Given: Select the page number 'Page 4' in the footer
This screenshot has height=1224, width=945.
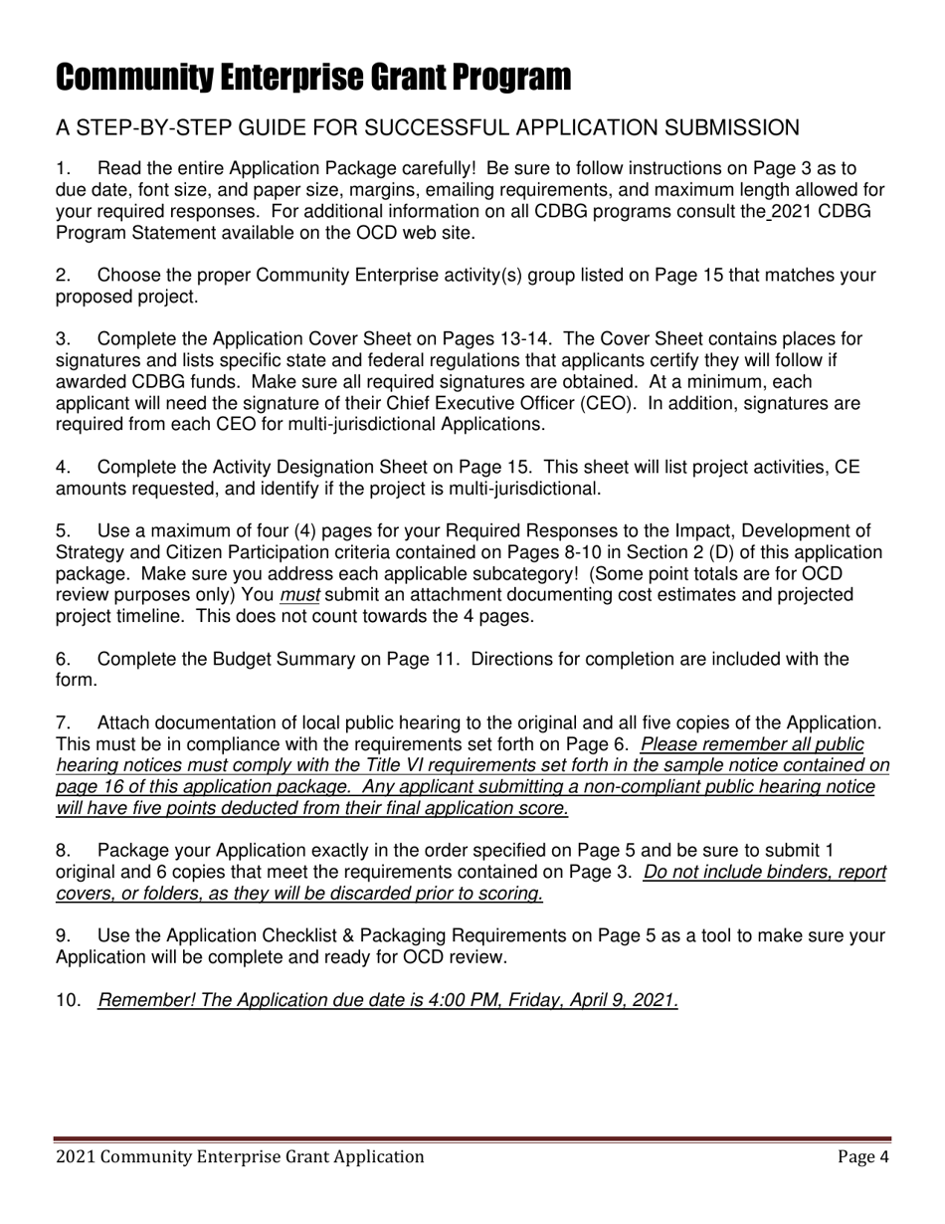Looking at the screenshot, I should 862,1156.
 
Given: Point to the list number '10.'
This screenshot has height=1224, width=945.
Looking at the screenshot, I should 68,1001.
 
